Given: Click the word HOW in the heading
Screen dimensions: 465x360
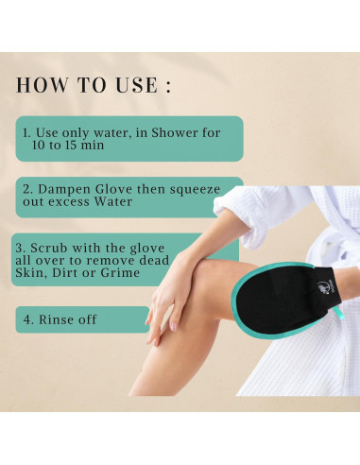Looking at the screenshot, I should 40,85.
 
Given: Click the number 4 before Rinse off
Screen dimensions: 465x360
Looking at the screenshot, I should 26,320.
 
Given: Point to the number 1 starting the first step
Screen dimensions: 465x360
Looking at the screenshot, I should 26,133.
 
